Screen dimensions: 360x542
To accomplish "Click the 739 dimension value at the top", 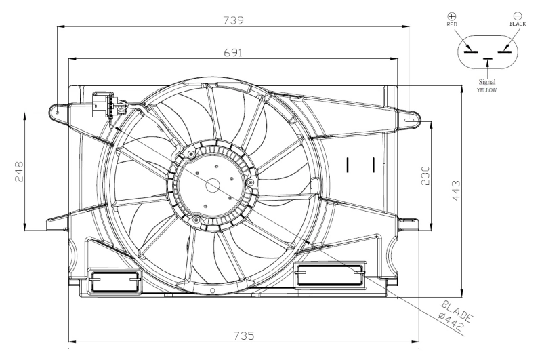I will [233, 20].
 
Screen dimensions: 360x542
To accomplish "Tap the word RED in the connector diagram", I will [452, 24].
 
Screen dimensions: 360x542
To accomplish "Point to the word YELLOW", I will [486, 89].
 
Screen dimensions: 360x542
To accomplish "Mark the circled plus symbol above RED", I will [452, 15].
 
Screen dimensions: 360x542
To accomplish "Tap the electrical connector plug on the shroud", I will [101, 105].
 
